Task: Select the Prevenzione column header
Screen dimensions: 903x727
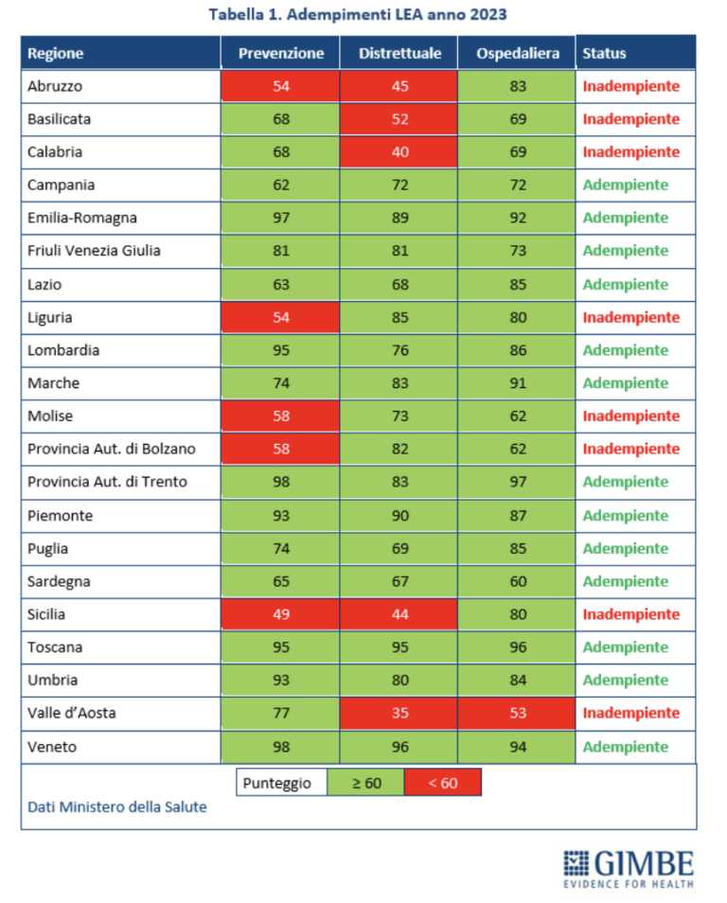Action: click(x=280, y=53)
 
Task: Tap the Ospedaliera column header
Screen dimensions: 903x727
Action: click(x=517, y=53)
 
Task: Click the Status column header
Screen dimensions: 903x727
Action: click(x=604, y=53)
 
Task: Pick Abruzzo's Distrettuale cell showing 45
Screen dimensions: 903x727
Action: click(x=399, y=86)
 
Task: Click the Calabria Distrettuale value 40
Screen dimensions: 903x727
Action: click(x=399, y=152)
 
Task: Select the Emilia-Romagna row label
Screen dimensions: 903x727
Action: click(x=82, y=218)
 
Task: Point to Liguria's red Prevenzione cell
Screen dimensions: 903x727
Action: click(x=280, y=317)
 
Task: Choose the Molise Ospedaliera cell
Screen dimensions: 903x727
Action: click(x=517, y=416)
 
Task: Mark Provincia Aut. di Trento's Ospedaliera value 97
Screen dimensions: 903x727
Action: click(x=517, y=482)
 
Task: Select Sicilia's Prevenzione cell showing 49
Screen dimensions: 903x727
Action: click(x=280, y=614)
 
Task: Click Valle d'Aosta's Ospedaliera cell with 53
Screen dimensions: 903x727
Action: click(x=517, y=713)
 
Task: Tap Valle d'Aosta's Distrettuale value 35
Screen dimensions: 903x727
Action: click(x=399, y=713)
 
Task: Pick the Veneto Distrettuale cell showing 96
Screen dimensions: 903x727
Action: click(x=399, y=747)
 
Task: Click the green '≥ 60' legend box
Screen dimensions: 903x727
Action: click(x=365, y=783)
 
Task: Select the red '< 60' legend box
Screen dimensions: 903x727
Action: click(x=442, y=783)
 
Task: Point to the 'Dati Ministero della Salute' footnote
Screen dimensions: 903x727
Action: click(x=116, y=806)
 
